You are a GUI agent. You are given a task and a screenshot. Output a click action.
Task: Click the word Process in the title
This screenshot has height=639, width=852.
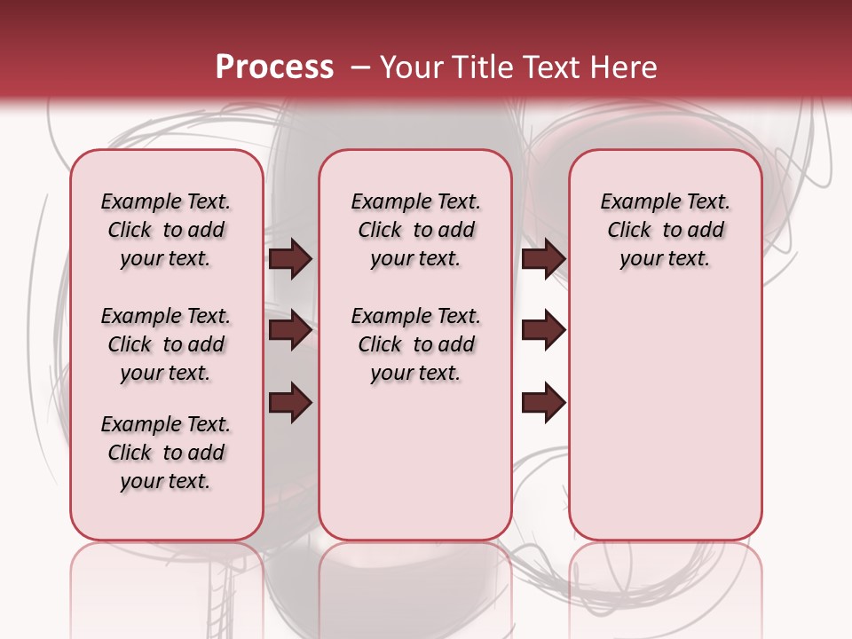click(274, 67)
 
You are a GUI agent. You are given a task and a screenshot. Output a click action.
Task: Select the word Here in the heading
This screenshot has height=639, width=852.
click(625, 67)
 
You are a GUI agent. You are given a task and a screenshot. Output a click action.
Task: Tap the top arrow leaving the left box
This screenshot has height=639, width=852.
click(290, 258)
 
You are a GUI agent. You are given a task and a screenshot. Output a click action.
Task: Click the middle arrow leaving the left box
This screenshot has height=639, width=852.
click(290, 330)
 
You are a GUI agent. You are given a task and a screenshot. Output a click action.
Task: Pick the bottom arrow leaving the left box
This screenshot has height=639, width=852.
click(290, 403)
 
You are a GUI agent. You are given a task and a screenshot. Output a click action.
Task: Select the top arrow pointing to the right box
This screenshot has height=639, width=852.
click(543, 258)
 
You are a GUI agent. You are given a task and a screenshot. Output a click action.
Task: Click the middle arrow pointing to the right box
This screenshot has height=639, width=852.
click(543, 330)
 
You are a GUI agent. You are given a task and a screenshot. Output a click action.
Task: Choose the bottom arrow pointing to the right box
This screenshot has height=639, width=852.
click(543, 403)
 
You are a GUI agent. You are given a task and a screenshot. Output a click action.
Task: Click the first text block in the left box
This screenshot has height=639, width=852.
click(166, 230)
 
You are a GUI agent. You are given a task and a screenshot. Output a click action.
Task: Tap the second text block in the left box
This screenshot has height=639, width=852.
click(166, 344)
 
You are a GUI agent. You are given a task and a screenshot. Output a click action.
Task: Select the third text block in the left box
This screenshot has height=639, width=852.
click(166, 453)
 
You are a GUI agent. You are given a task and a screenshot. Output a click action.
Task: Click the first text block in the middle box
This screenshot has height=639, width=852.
click(415, 230)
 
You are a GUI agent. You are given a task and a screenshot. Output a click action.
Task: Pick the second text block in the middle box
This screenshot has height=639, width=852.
click(415, 344)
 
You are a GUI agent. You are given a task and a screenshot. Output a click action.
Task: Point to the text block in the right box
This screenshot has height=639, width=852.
click(666, 230)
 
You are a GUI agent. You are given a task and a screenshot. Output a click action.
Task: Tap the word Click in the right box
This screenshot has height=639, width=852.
click(629, 231)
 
